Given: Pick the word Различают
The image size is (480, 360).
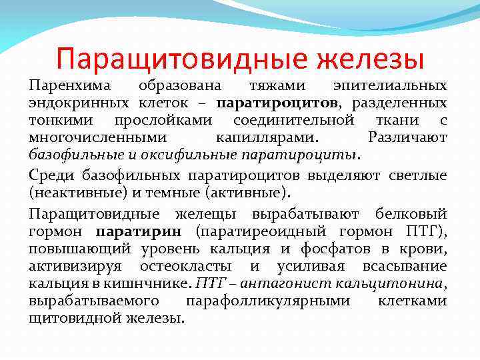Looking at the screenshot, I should click(407, 138).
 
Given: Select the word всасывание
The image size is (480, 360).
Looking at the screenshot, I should click(401, 266).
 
